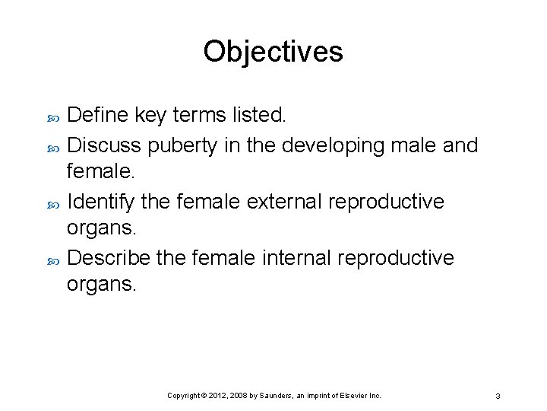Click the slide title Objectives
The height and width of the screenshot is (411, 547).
(x=273, y=52)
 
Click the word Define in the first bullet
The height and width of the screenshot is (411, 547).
(x=99, y=115)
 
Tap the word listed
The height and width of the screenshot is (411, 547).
(x=259, y=115)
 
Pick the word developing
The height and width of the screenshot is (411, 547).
(x=341, y=145)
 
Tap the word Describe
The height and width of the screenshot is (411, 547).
(x=109, y=258)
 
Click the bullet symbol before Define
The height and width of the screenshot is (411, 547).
(x=52, y=116)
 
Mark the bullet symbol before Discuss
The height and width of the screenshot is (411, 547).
(x=52, y=145)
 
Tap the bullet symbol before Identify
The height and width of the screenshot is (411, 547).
(x=52, y=202)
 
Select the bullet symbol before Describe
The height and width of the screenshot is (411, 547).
(x=52, y=260)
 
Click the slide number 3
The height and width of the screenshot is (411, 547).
(x=497, y=396)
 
